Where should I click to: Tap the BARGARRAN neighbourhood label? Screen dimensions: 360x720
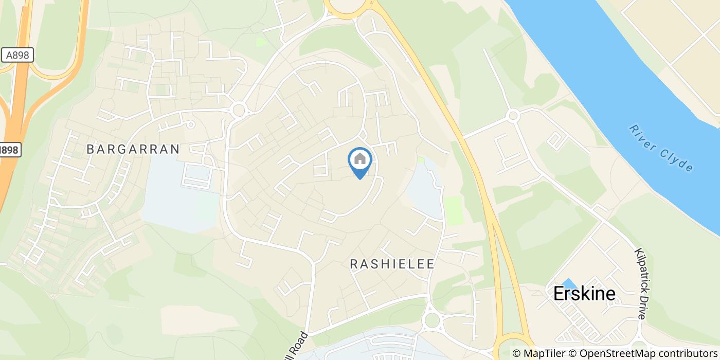(133, 149)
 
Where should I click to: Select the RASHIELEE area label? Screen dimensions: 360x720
(392, 264)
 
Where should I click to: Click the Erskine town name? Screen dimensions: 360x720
(584, 293)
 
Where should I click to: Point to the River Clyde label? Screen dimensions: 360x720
(661, 148)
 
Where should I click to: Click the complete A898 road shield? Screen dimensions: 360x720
(17, 55)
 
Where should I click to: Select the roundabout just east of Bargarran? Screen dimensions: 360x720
(238, 110)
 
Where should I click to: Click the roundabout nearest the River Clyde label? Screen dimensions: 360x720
(513, 116)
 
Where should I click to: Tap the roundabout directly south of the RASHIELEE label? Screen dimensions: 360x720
(432, 321)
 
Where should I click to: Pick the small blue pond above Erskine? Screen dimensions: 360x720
(569, 283)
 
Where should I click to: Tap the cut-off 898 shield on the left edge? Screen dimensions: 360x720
(7, 150)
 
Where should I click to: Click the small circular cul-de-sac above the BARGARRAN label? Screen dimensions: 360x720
(190, 124)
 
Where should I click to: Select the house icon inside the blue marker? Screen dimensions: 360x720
(360, 159)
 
